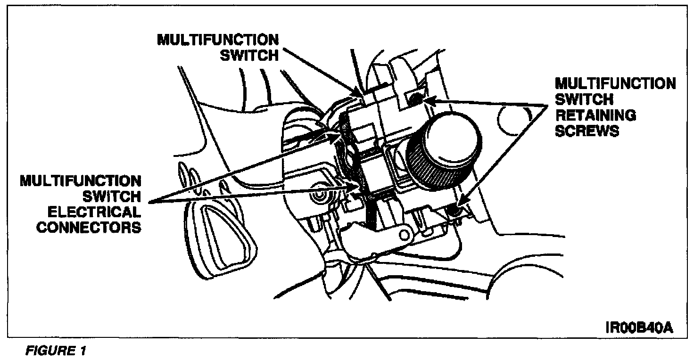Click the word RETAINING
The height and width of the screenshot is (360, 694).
click(595, 115)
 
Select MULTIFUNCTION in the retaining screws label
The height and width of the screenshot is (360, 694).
click(615, 84)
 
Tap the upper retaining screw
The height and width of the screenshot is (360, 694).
click(416, 99)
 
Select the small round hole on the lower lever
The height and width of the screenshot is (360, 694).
click(404, 234)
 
